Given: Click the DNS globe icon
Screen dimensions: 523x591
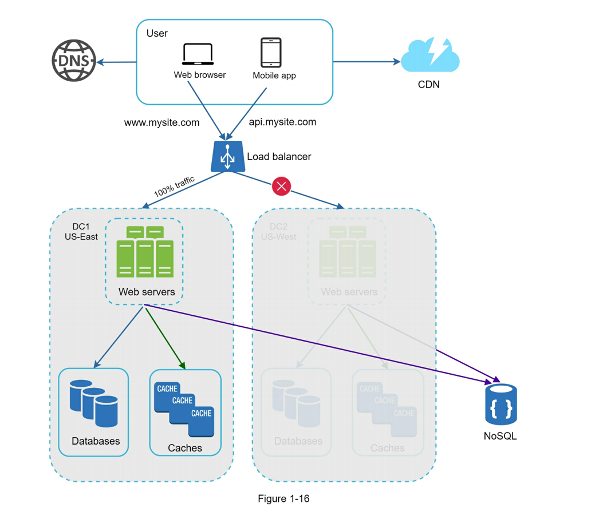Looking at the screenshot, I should pos(74,61).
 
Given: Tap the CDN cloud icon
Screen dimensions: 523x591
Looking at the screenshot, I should pos(430,56).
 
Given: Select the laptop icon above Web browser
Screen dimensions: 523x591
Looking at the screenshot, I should pos(198,54).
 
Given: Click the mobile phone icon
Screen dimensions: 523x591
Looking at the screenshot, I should pos(271,53).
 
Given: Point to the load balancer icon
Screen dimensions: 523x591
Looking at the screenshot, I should pos(227,156).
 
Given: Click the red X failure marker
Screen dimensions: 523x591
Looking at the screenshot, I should pos(281,186).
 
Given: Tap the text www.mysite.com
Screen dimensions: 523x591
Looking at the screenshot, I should pos(161,122).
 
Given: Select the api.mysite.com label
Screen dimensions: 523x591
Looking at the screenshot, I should pos(282,122).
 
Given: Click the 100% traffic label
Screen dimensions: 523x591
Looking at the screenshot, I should pos(174,187).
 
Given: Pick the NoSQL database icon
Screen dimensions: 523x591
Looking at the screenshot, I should pos(501,405).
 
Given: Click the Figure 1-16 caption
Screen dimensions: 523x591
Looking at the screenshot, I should pos(283,499).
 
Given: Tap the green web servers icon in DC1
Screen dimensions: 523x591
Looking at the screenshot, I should pos(145,252).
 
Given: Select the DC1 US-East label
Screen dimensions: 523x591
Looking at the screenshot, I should pos(81,232).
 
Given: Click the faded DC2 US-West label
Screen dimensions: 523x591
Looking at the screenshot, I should pos(278,232).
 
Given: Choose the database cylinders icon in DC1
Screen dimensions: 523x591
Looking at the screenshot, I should pos(94,403).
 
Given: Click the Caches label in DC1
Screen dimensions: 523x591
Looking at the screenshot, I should pos(185,448).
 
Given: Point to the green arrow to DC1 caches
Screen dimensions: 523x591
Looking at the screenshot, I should pos(166,339).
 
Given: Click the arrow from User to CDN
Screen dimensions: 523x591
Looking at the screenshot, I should pos(367,62).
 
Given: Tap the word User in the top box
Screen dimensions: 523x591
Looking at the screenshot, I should pos(157,34).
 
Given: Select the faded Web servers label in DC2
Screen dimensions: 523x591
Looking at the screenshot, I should pos(349,292).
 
